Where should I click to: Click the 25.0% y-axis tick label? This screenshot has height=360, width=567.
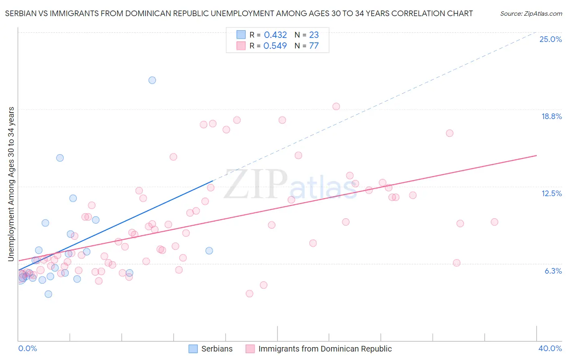(550, 39)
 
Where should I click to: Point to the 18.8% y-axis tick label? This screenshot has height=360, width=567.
(551, 116)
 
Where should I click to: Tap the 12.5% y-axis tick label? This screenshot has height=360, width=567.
(551, 193)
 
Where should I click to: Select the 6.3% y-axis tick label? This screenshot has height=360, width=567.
(553, 271)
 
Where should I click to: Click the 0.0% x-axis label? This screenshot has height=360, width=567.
(27, 348)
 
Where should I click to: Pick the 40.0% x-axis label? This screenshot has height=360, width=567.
(550, 348)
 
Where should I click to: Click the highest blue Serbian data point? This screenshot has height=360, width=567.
(152, 80)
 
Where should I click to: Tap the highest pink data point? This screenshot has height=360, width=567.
(336, 107)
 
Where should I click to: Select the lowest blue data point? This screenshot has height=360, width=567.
(48, 294)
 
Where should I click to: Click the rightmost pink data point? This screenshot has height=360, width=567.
(494, 222)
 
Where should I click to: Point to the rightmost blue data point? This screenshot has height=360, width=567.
(209, 251)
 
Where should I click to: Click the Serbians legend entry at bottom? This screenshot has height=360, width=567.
(217, 349)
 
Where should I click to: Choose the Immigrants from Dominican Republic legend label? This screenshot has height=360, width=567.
(325, 349)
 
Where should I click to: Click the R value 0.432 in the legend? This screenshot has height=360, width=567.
(275, 35)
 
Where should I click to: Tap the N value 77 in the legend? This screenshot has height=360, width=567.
(314, 46)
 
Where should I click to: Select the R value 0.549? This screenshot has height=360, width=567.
(275, 46)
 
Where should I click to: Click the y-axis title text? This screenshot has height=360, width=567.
(11, 184)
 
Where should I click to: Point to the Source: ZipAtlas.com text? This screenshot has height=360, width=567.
(531, 14)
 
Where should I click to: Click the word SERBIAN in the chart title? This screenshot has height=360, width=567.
(23, 14)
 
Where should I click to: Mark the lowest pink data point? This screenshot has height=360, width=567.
(249, 293)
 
